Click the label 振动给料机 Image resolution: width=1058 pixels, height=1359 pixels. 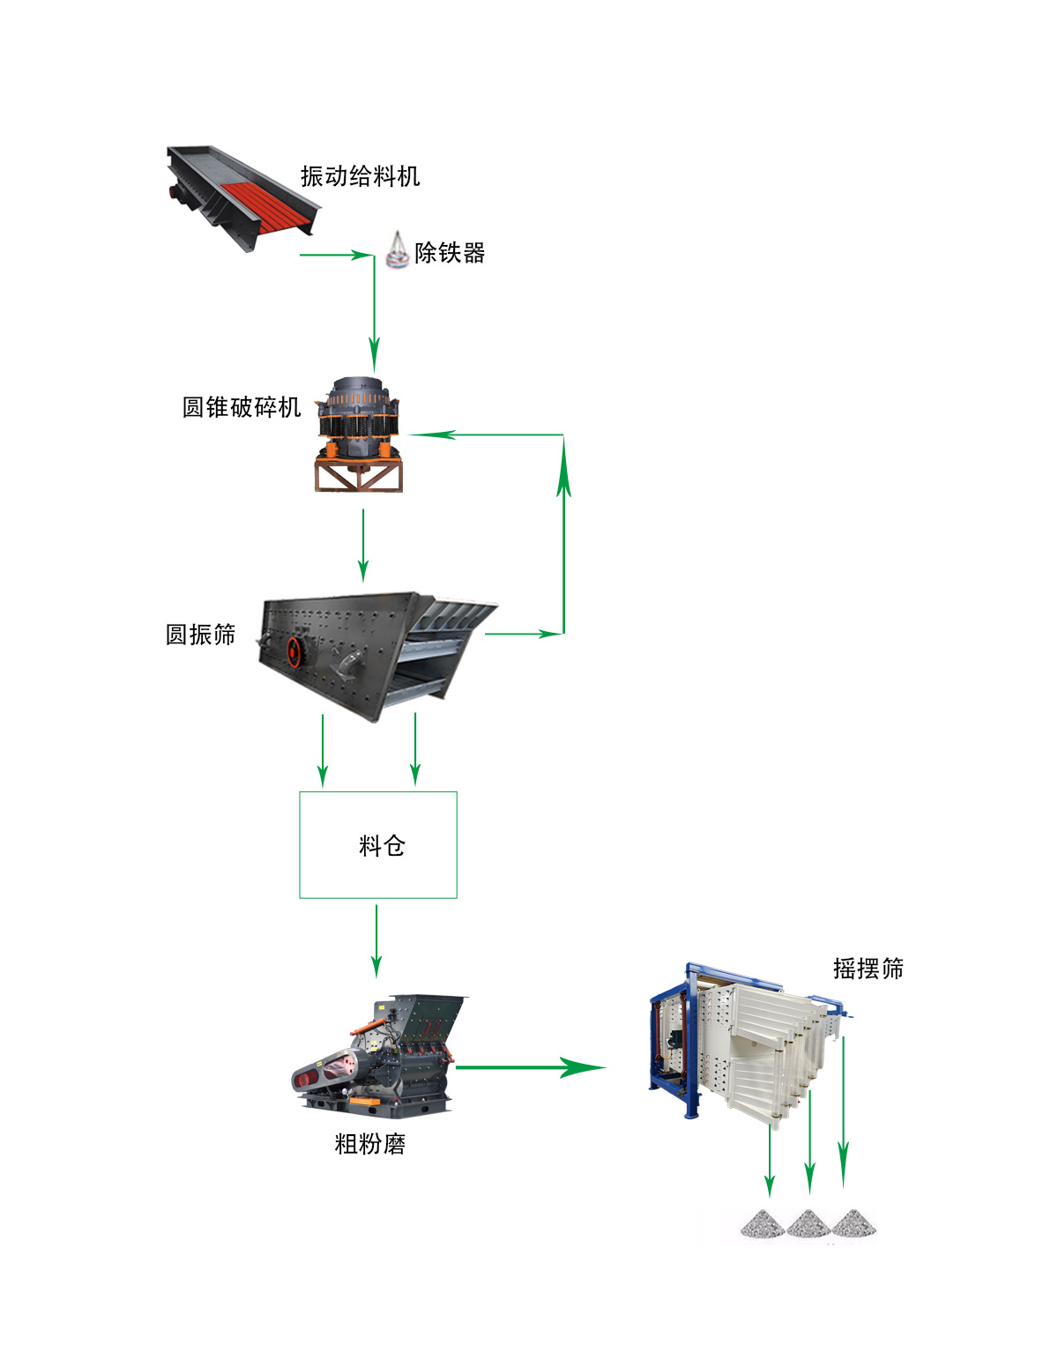click(x=360, y=176)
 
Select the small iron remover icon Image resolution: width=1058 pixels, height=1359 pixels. click(x=398, y=250)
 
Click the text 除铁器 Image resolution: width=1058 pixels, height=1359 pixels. click(x=450, y=253)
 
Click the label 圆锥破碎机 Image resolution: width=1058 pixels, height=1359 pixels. click(x=242, y=407)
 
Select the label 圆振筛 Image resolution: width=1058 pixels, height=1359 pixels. click(x=200, y=635)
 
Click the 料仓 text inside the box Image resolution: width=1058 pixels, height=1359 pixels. click(x=382, y=846)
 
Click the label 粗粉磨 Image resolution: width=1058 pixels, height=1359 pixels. click(x=369, y=1144)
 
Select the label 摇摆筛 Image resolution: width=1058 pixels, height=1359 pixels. click(x=868, y=969)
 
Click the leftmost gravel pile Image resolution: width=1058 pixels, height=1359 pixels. click(x=763, y=1223)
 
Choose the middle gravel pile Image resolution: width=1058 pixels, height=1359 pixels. click(x=808, y=1223)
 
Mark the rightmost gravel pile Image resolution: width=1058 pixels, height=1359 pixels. click(x=853, y=1223)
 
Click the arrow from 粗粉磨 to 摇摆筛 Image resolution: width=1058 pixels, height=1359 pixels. click(x=529, y=1067)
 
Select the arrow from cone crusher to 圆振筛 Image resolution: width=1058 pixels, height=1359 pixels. click(x=363, y=546)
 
